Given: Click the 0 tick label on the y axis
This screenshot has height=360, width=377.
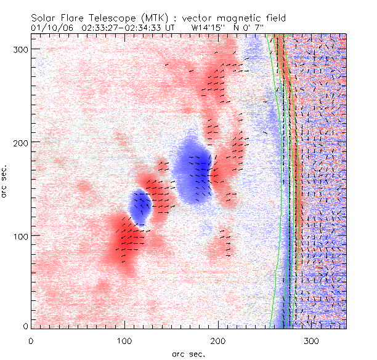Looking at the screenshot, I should pyautogui.click(x=24, y=326).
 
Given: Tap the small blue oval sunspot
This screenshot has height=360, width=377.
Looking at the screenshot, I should pyautogui.click(x=140, y=207).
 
